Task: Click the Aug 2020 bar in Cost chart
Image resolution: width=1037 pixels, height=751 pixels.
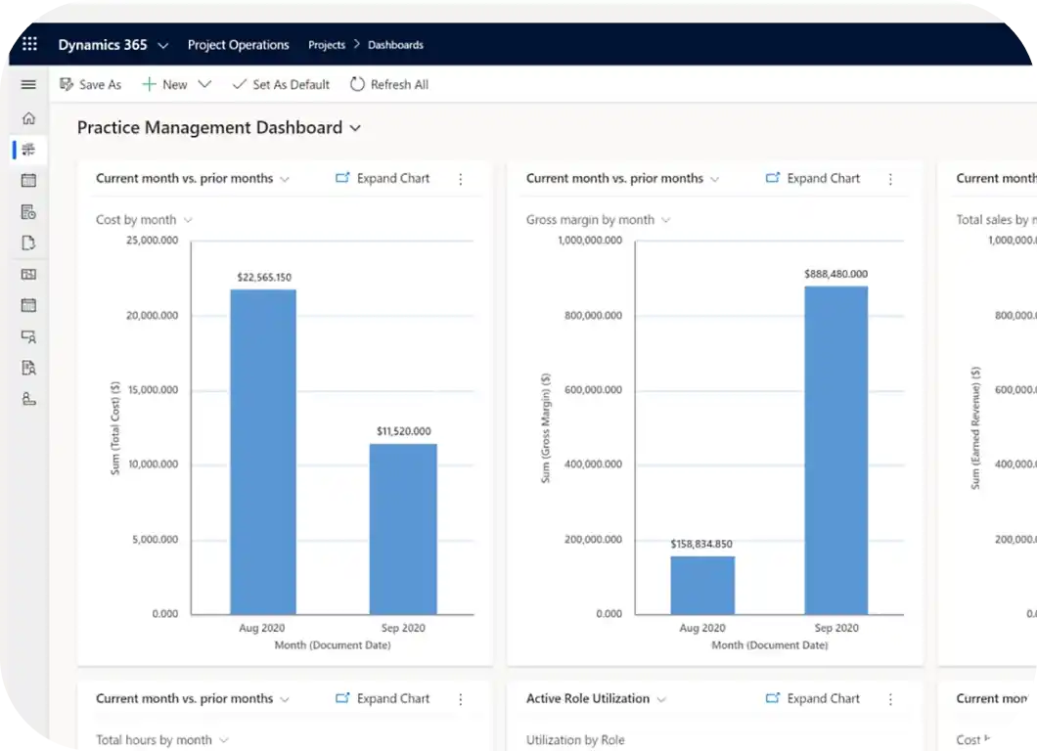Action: point(263,452)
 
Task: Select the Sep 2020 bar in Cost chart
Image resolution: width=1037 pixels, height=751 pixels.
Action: point(403,529)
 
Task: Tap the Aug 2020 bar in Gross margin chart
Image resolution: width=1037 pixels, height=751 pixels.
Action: point(702,585)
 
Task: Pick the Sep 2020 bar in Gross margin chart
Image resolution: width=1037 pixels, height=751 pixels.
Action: point(835,450)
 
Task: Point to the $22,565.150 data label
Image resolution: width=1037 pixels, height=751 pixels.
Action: point(264,278)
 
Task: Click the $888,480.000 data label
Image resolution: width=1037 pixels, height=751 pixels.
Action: point(835,275)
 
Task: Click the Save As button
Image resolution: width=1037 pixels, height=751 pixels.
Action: point(91,85)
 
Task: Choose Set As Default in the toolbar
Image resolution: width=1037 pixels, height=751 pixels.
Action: point(281,85)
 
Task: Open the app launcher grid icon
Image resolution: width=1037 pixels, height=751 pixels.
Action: point(29,45)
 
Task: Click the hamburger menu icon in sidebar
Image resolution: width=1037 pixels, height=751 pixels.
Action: point(28,85)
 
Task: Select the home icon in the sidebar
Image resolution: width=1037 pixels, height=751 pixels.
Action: point(28,118)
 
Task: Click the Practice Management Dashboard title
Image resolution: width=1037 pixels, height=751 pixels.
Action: point(210,128)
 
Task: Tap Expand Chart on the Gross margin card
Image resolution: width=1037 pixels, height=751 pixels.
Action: point(813,179)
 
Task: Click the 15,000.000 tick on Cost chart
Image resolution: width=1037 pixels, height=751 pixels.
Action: point(154,390)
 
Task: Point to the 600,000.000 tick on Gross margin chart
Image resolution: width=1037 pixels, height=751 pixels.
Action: point(593,390)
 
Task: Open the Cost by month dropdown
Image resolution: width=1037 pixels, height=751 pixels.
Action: point(144,220)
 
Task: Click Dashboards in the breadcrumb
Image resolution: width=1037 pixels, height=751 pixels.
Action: point(395,45)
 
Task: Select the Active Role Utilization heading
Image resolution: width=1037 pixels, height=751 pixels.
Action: point(588,699)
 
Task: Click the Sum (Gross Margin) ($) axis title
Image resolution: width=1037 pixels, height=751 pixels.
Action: point(546,427)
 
